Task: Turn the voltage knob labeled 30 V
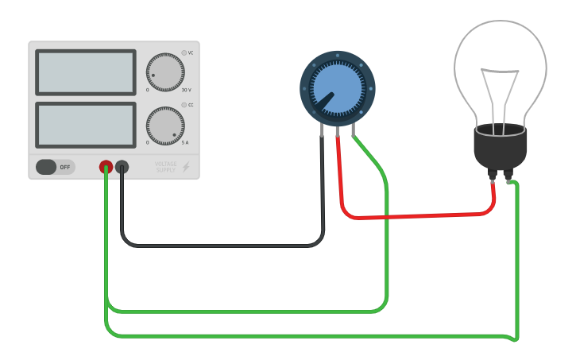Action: point(165,72)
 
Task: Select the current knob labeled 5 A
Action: point(165,126)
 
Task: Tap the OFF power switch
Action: point(55,167)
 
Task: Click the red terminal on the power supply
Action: point(106,167)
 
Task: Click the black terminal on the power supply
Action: point(122,167)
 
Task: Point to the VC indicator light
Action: point(184,53)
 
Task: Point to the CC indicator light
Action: point(184,105)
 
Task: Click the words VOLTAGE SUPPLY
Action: point(165,167)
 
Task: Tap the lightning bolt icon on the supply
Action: point(186,167)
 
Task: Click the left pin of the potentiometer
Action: point(323,132)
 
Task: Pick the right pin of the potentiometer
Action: point(352,132)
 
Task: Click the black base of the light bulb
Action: point(500,147)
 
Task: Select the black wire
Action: point(222,245)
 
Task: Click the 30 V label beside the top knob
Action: point(186,90)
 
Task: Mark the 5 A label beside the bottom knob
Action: point(186,143)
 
